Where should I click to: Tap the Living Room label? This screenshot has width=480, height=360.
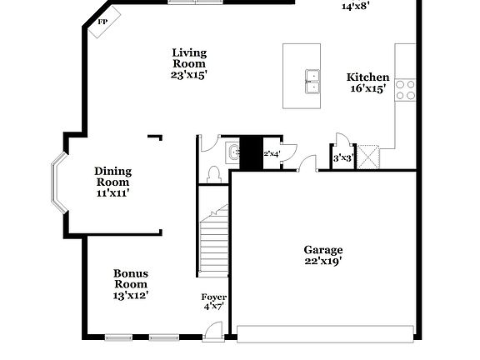[189, 57]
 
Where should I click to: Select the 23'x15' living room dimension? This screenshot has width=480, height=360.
[189, 74]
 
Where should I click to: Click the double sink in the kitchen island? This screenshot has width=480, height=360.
[312, 79]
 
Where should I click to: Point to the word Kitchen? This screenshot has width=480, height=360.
[367, 77]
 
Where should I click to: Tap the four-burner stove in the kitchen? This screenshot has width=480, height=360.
[405, 89]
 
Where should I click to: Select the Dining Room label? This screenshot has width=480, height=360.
[112, 177]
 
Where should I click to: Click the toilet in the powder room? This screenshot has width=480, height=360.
[213, 173]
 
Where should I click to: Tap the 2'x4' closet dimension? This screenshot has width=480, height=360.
[272, 153]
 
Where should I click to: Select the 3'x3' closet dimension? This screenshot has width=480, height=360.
[342, 157]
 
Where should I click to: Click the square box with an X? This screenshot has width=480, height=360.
[367, 157]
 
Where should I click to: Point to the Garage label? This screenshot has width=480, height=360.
[322, 249]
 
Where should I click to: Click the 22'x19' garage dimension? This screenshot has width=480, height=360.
[322, 261]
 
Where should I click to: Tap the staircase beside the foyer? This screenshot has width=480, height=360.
[212, 242]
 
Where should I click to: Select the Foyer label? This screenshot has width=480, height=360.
[214, 297]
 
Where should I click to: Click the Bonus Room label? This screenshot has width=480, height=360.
[131, 277]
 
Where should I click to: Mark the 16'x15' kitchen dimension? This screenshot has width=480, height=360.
[367, 88]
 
